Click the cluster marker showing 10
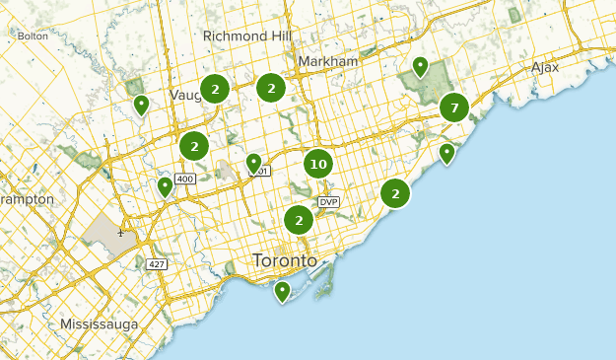tap(317, 164)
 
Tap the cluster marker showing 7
tap(453, 107)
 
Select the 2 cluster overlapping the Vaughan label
tap(215, 90)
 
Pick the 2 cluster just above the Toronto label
tap(299, 220)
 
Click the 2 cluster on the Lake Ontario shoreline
tap(395, 193)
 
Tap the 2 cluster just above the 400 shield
tap(195, 146)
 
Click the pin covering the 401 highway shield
tap(253, 164)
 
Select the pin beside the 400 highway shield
tap(165, 186)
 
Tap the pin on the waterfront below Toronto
tap(282, 291)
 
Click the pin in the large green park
tap(420, 68)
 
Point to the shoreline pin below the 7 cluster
tap(446, 154)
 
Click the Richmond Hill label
tap(247, 36)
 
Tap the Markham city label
tap(327, 61)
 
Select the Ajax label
tap(545, 67)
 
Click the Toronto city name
tap(285, 261)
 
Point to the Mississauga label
tap(99, 324)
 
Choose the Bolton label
tap(33, 36)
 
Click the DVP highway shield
tap(328, 203)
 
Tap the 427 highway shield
tap(156, 264)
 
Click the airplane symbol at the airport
tap(120, 233)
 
